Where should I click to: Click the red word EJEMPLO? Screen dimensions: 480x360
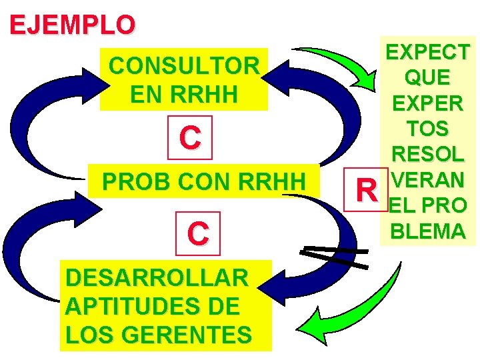(x=73, y=24)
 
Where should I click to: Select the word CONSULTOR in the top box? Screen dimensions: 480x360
(x=184, y=66)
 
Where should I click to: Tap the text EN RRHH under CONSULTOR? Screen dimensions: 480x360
(x=184, y=94)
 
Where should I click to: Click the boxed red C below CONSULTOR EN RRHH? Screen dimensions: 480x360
(x=190, y=137)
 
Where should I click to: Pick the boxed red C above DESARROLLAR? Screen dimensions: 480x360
(x=198, y=233)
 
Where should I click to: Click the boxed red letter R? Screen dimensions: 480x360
(x=366, y=189)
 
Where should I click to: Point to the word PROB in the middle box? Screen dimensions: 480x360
(x=136, y=181)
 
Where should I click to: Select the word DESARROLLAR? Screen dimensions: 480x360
(x=157, y=278)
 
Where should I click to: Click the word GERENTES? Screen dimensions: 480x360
(x=188, y=334)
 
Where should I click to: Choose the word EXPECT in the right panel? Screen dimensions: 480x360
(x=427, y=52)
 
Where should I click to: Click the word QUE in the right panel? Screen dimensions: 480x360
(x=427, y=77)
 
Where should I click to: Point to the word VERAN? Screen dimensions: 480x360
(x=427, y=180)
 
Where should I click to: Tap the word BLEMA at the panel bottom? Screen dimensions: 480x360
(x=428, y=231)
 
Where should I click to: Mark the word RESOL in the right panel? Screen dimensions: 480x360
(x=427, y=154)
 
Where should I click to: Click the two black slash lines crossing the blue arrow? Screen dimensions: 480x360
(x=334, y=257)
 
